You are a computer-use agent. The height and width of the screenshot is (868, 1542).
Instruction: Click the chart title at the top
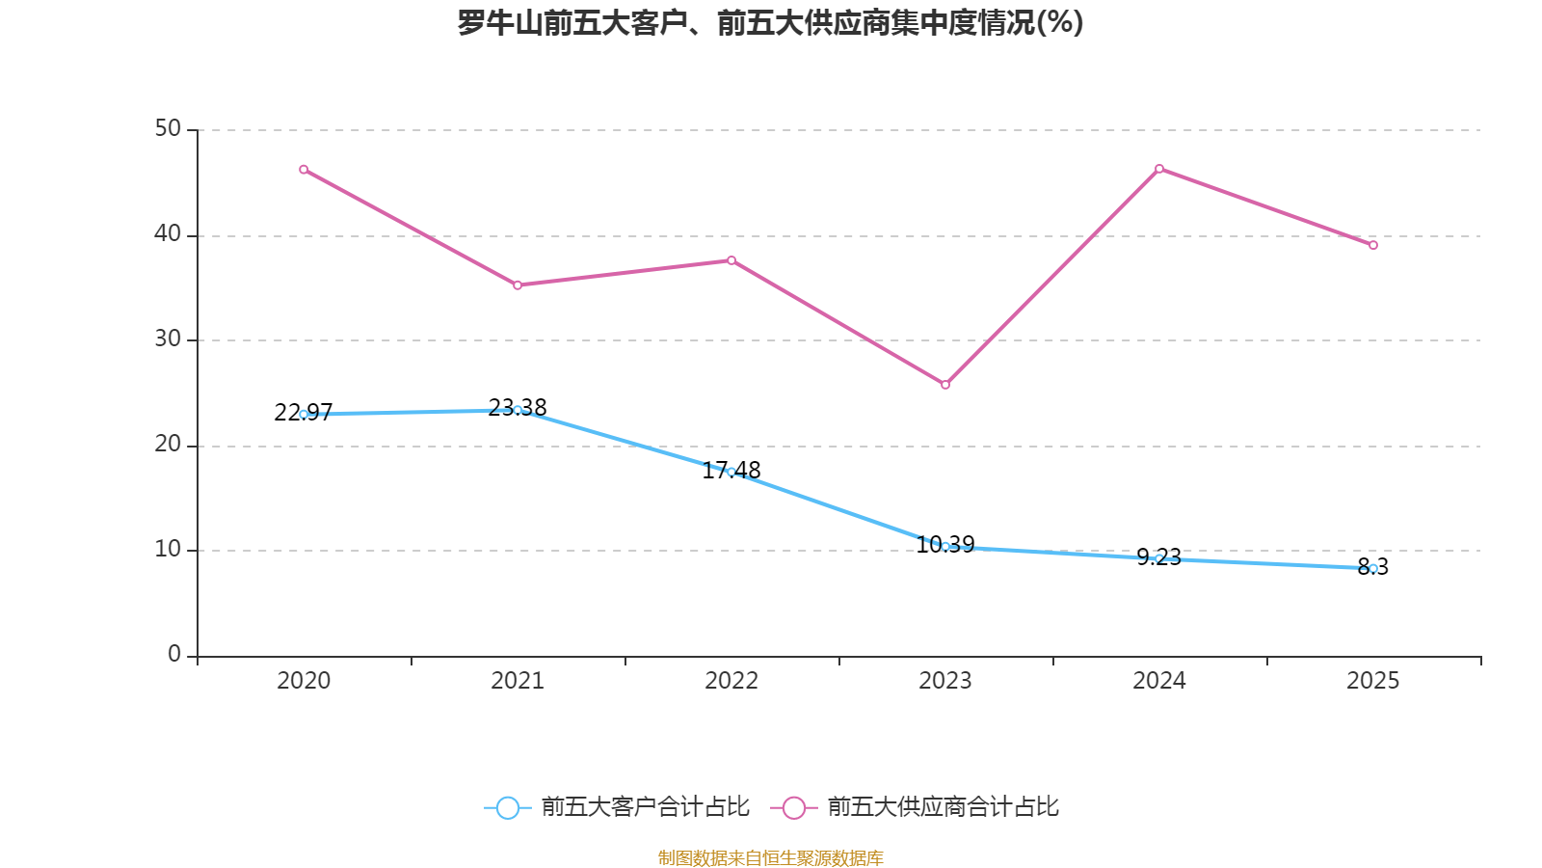(770, 22)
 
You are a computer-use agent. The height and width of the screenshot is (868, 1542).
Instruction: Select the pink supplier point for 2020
(304, 170)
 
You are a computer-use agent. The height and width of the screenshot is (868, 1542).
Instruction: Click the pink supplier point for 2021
(518, 285)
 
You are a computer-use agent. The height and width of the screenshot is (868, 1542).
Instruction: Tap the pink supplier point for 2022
(731, 260)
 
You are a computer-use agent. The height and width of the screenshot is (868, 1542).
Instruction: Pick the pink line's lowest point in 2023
(945, 385)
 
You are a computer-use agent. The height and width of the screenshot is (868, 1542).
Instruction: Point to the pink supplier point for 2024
(1159, 169)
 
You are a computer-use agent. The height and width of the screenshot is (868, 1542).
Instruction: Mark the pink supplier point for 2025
(1373, 245)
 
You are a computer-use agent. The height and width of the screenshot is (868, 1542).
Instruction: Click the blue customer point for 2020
(304, 414)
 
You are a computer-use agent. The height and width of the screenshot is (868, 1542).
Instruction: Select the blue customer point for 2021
(518, 410)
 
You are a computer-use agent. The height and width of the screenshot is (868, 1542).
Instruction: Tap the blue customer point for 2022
(731, 472)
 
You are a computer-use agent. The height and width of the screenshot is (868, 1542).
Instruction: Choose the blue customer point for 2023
(945, 546)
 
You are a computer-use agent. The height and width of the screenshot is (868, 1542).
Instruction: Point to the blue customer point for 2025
(1373, 568)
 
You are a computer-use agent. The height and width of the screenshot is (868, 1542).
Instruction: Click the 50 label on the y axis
(168, 129)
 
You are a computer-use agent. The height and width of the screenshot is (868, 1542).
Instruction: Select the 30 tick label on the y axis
(168, 339)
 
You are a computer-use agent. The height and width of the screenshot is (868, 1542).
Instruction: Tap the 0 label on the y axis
(174, 655)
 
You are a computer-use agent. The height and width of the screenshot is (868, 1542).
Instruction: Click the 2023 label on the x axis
(945, 681)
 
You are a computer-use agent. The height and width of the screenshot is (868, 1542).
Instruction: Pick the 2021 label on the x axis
(518, 681)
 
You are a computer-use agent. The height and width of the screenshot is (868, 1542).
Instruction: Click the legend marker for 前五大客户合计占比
(507, 807)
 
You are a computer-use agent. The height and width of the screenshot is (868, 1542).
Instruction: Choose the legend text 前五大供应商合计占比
(943, 807)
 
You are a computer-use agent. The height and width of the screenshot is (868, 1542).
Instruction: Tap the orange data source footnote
(770, 857)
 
